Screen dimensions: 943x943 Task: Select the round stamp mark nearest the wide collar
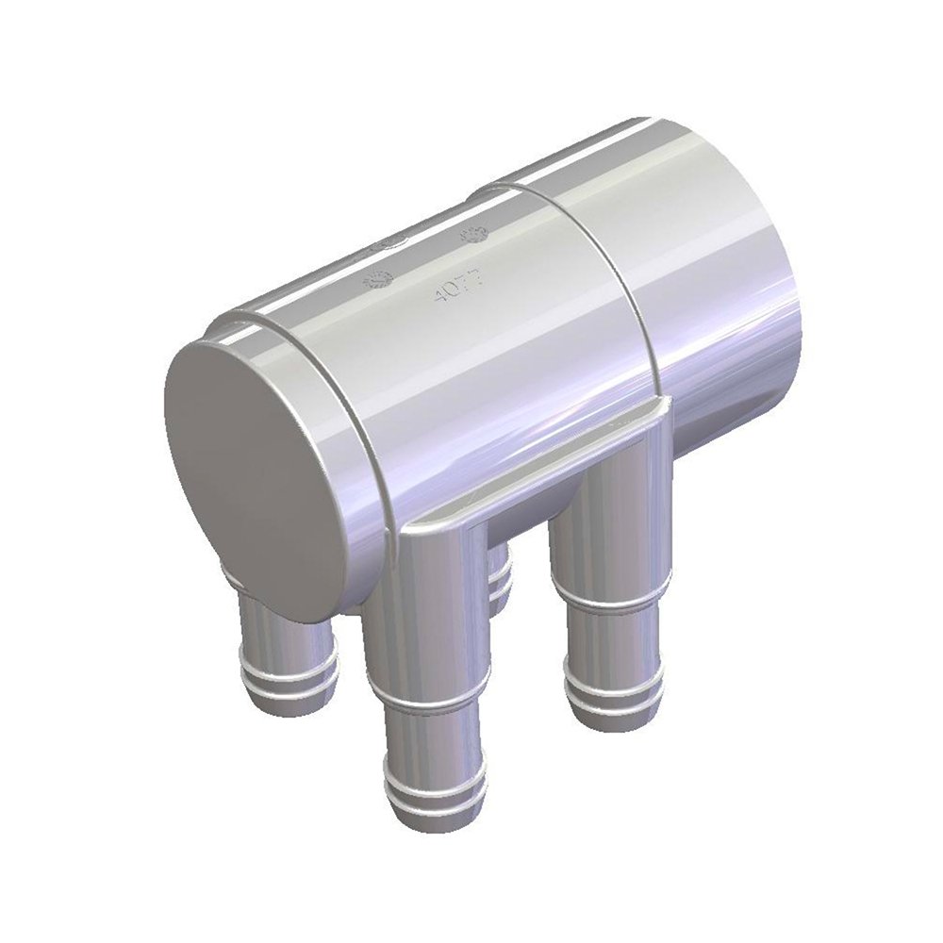(x=472, y=232)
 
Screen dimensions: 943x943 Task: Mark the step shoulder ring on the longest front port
(x=429, y=703)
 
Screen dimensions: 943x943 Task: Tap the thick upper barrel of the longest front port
(x=429, y=622)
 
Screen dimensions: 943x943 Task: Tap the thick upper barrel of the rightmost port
(x=608, y=528)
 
